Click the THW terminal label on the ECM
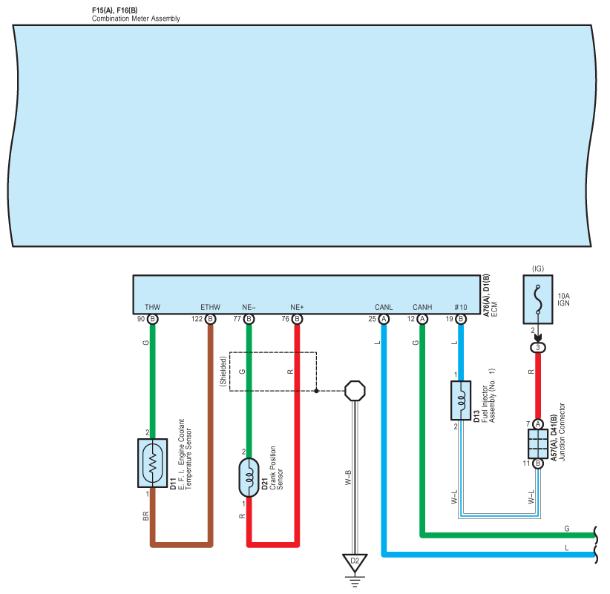click(x=153, y=307)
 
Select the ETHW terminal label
click(x=211, y=307)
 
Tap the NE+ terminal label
click(x=297, y=307)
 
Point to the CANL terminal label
click(x=384, y=307)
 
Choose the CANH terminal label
click(x=422, y=307)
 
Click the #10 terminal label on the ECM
click(x=461, y=307)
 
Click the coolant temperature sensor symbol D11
click(x=153, y=463)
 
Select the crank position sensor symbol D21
click(x=249, y=478)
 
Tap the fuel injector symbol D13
click(x=461, y=400)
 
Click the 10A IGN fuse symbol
click(x=538, y=300)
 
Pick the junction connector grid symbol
click(x=538, y=443)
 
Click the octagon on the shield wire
click(x=355, y=391)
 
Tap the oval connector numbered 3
click(x=538, y=348)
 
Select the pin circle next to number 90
click(x=153, y=319)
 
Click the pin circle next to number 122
click(x=211, y=319)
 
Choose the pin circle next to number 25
click(x=384, y=319)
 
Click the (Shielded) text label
click(x=223, y=372)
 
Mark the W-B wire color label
click(x=348, y=478)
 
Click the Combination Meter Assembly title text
click(x=136, y=19)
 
